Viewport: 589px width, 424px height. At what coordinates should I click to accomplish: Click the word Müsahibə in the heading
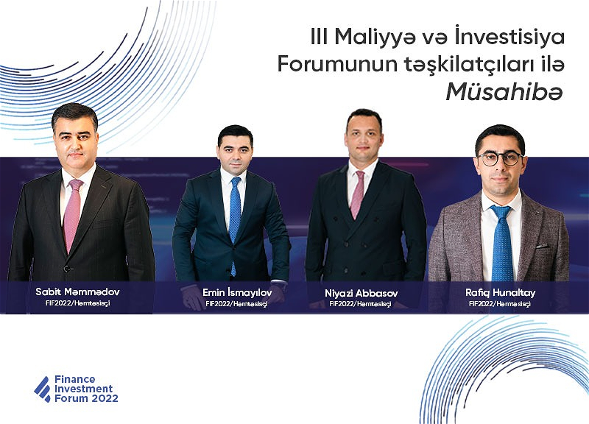(504, 91)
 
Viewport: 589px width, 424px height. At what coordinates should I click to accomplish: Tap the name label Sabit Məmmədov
(77, 291)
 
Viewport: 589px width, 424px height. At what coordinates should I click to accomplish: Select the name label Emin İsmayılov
(237, 292)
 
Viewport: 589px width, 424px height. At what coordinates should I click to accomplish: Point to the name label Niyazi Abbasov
(361, 293)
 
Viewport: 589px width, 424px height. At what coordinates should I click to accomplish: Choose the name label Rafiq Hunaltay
(501, 292)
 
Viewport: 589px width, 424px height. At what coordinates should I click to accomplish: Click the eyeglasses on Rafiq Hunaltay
(501, 158)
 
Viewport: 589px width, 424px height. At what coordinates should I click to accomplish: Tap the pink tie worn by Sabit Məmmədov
(72, 214)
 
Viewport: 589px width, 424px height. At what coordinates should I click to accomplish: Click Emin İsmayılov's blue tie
(235, 222)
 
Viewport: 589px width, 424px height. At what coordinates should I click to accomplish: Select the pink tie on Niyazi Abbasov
(357, 194)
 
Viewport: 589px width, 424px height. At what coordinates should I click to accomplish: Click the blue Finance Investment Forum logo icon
(43, 389)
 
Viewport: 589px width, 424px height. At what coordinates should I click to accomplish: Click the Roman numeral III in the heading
(319, 38)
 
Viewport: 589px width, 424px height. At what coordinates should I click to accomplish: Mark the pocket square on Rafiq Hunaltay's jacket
(542, 247)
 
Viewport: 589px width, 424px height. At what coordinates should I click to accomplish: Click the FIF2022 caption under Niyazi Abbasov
(360, 304)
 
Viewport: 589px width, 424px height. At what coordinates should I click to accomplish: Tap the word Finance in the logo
(75, 379)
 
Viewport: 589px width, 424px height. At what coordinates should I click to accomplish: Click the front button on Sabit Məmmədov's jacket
(66, 269)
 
